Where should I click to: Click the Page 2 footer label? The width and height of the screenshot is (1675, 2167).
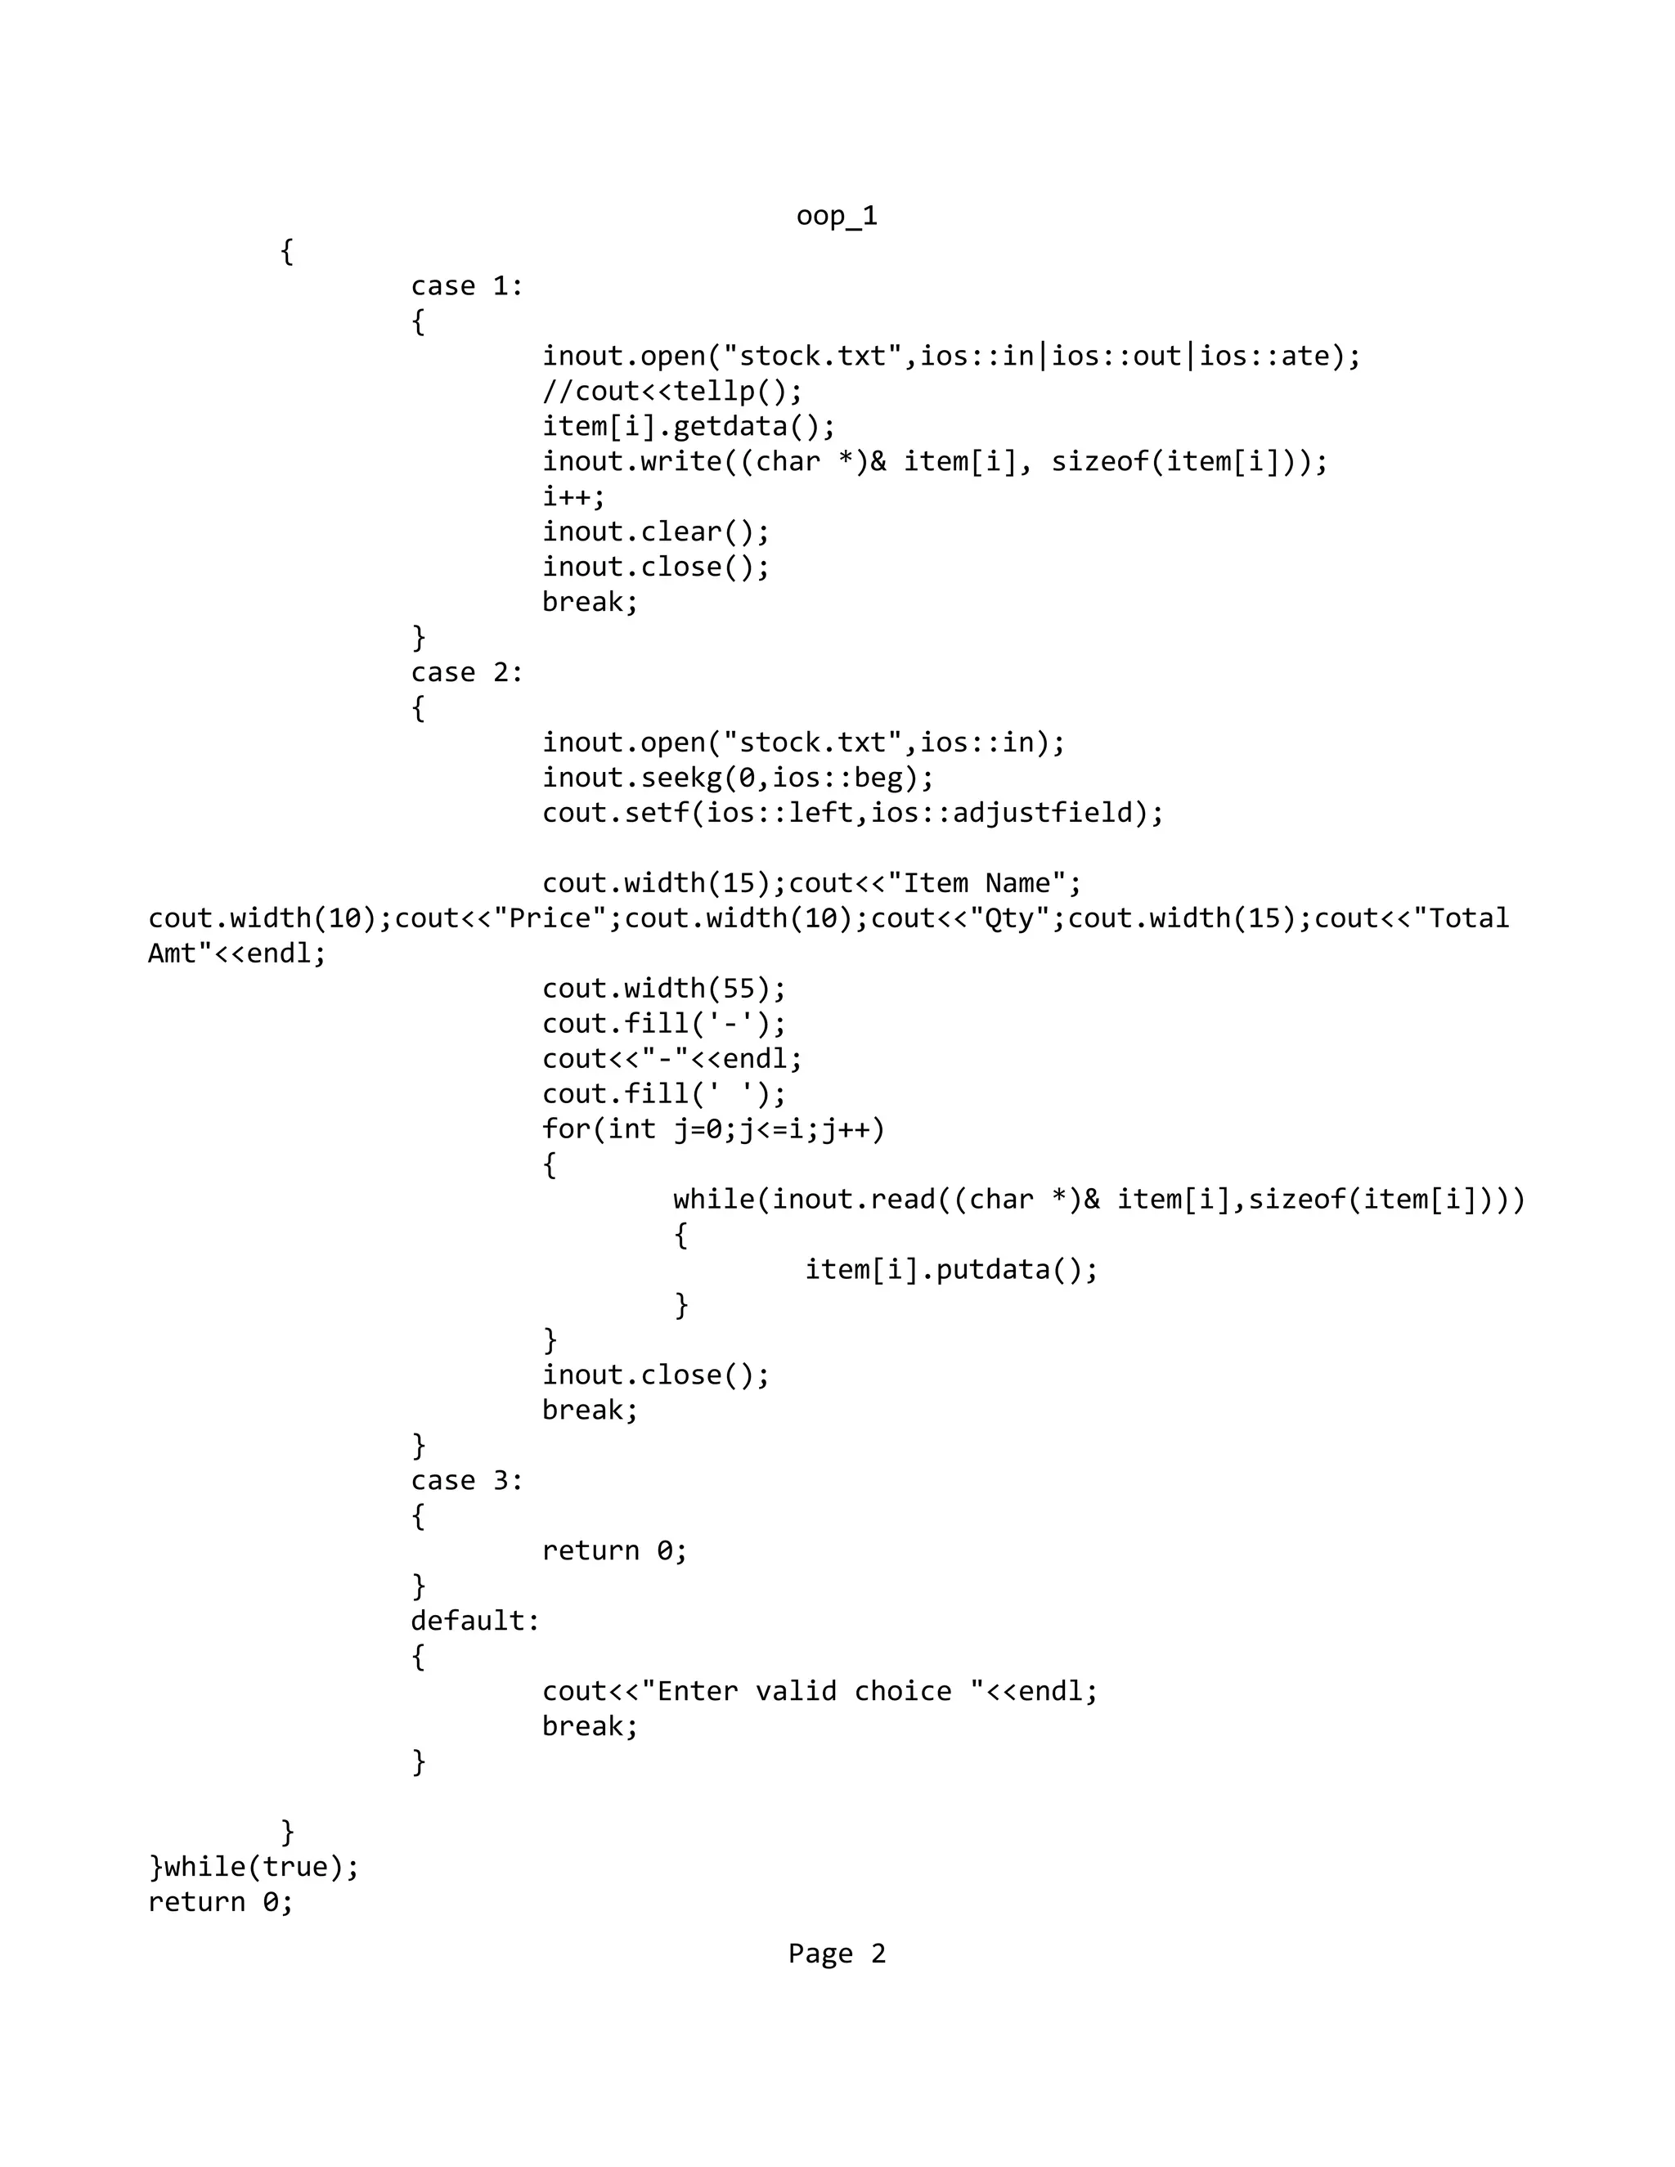[837, 1954]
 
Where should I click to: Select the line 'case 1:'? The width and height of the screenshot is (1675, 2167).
[466, 285]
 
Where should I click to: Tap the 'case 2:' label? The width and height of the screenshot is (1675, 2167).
[466, 673]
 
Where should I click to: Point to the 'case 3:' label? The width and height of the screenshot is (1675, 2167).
[466, 1480]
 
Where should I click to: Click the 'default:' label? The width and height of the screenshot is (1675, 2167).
[475, 1620]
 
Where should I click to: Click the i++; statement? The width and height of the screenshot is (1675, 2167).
[573, 496]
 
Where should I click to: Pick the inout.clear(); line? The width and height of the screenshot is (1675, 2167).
[655, 532]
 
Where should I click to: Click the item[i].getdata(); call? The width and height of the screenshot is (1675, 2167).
[689, 427]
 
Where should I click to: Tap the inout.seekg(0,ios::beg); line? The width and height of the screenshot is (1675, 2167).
[737, 778]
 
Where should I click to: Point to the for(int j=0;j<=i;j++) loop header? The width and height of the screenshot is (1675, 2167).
[713, 1129]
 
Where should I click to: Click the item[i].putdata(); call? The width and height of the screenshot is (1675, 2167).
[950, 1270]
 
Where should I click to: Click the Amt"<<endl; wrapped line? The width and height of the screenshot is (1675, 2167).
[236, 953]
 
